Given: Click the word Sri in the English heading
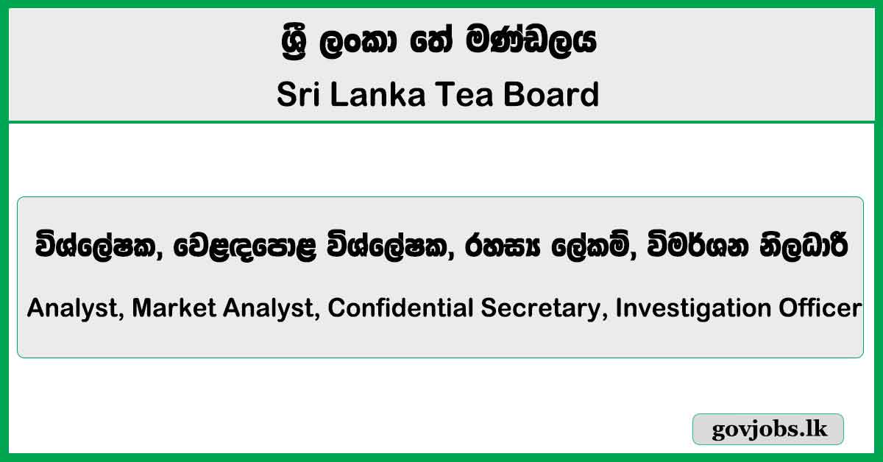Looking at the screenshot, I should (x=297, y=95).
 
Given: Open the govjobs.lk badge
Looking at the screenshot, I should (x=767, y=430).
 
